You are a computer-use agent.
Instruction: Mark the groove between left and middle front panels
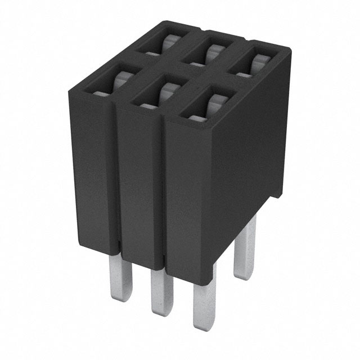coord(116,180)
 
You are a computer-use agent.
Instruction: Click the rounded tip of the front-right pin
coord(201,323)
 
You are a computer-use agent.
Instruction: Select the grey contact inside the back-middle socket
coord(211,53)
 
